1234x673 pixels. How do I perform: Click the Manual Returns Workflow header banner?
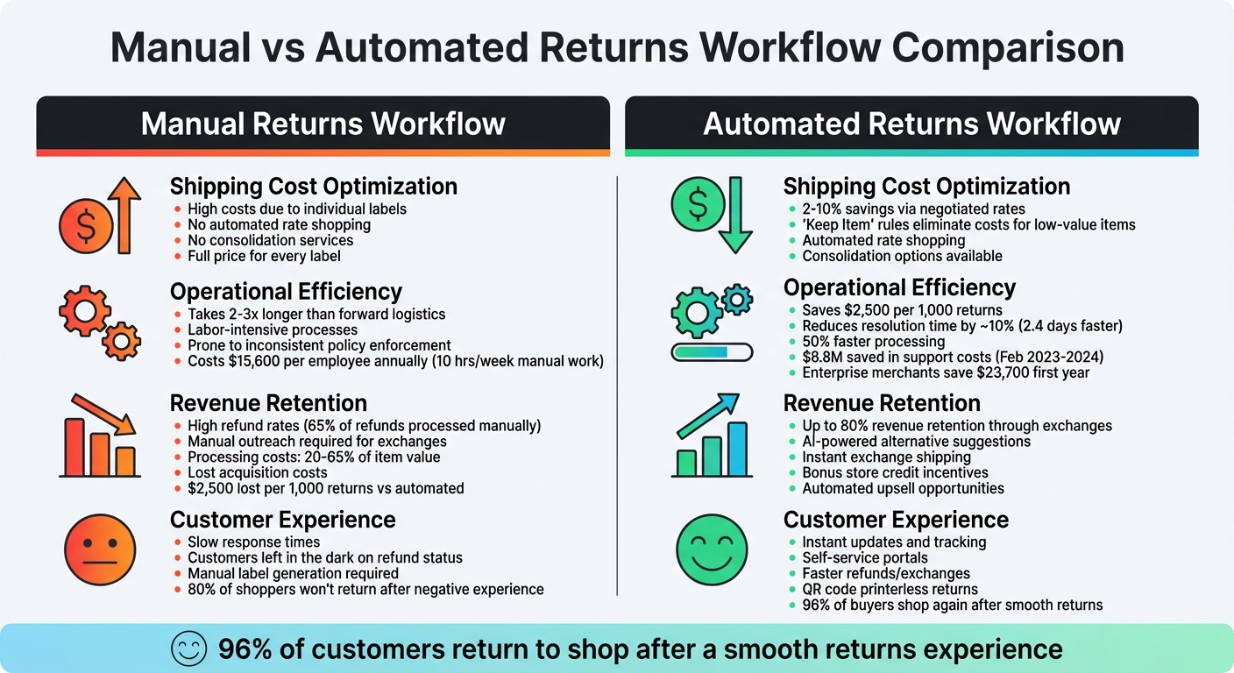point(323,124)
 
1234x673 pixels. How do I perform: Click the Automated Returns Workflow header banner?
point(911,124)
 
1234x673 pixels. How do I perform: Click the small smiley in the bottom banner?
point(187,649)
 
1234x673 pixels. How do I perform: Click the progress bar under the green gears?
point(712,352)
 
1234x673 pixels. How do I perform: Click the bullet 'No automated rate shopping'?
point(279,225)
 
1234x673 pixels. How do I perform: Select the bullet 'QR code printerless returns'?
point(890,589)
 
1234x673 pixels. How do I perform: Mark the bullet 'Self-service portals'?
point(864,557)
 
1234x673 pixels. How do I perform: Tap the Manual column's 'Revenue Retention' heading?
point(268,403)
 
